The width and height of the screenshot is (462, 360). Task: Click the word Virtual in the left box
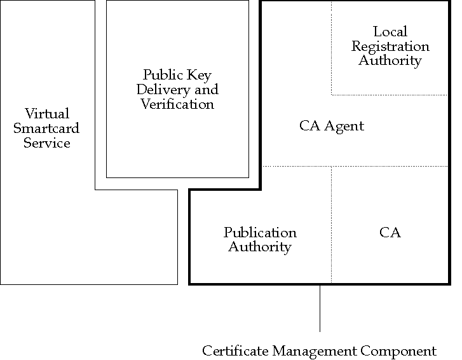[47, 114]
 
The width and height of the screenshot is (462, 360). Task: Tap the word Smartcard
[47, 128]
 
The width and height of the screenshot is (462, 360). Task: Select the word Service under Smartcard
[47, 143]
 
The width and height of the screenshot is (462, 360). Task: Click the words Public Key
[177, 75]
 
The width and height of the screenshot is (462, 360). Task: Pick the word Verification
[177, 104]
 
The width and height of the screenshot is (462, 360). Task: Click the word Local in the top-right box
[390, 32]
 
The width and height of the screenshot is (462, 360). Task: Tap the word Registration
[390, 46]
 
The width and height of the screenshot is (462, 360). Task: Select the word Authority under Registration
[390, 61]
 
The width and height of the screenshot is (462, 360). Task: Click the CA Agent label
[332, 126]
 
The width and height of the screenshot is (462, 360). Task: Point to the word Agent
[344, 126]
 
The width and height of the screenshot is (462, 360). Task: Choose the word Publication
[260, 233]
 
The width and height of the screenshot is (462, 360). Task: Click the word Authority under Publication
[260, 247]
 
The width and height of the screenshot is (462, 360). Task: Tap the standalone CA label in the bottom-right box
[390, 233]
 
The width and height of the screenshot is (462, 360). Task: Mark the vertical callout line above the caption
[320, 308]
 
